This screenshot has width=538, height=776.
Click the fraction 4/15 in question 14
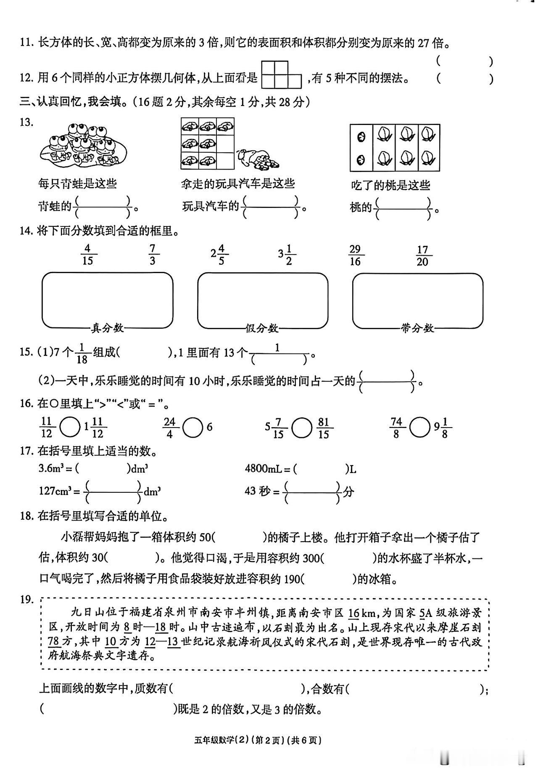pyautogui.click(x=88, y=254)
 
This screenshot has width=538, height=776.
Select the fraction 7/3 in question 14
pyautogui.click(x=152, y=254)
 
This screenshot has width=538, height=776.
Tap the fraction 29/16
pyautogui.click(x=355, y=255)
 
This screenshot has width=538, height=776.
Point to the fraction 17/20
pyautogui.click(x=422, y=255)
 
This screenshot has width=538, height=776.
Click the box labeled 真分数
pyautogui.click(x=107, y=300)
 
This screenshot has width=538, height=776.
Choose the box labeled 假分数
pyautogui.click(x=263, y=300)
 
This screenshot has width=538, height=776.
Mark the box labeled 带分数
pyautogui.click(x=417, y=300)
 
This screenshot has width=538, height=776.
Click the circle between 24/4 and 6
pyautogui.click(x=193, y=428)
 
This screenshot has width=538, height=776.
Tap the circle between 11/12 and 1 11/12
pyautogui.click(x=69, y=428)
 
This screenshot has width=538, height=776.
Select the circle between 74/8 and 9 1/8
pyautogui.click(x=419, y=428)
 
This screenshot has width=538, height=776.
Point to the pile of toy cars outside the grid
pyautogui.click(x=257, y=159)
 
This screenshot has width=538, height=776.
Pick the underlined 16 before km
pyautogui.click(x=354, y=613)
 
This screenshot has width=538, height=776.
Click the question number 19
pyautogui.click(x=26, y=599)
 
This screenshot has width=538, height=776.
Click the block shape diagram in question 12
pyautogui.click(x=281, y=74)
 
